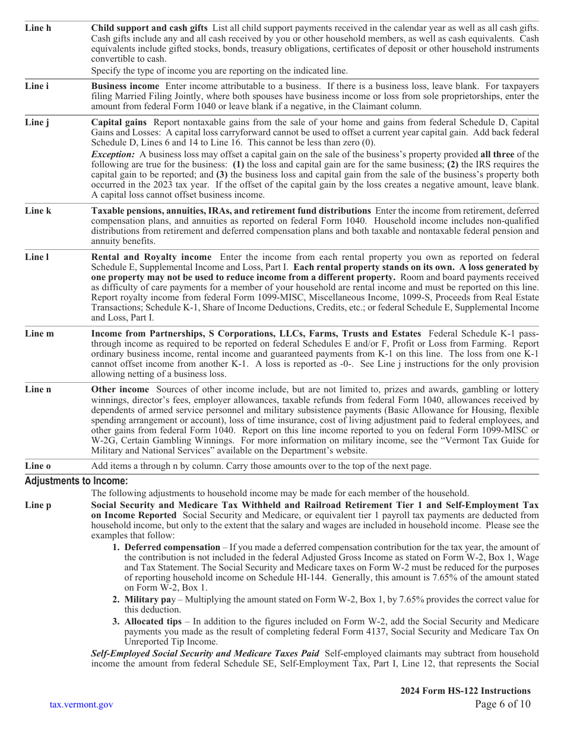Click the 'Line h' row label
38,28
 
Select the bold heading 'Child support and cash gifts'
149,28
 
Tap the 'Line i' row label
37,86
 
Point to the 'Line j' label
37,122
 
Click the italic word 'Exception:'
113,154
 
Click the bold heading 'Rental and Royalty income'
151,257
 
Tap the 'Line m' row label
39,334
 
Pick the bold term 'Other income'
119,389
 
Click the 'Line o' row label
38,466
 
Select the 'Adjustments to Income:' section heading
76,481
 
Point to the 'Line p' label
38,505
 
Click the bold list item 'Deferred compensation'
172,547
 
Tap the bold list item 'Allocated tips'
153,621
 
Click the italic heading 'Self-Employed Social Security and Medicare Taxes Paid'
205,653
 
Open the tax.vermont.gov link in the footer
81,704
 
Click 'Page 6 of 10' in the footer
503,704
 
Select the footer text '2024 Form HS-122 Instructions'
465,690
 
